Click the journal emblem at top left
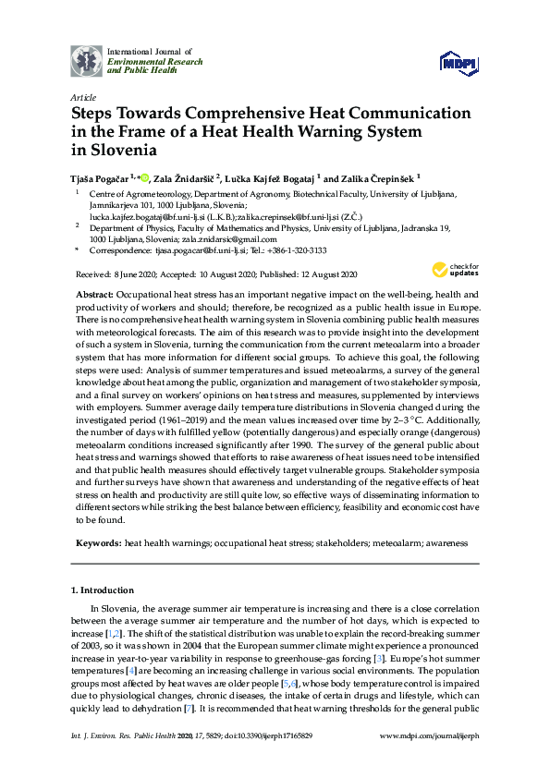pos(87,60)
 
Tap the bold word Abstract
pos(94,293)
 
